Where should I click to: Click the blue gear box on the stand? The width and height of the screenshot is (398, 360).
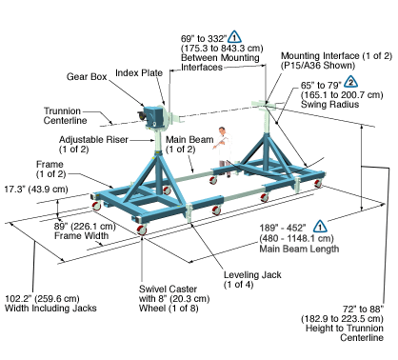[152, 116]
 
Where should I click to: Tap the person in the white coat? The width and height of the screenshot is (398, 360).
[224, 151]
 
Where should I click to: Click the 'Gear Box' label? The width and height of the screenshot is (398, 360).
[87, 77]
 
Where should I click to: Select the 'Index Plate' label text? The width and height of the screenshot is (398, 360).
[139, 73]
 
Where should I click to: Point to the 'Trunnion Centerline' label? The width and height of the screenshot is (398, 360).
[65, 116]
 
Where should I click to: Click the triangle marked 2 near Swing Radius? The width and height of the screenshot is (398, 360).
[350, 82]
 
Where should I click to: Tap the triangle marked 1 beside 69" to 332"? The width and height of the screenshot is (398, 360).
[234, 37]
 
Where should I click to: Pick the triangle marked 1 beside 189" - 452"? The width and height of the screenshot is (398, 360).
[320, 226]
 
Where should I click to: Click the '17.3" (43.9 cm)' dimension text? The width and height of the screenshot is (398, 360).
[36, 190]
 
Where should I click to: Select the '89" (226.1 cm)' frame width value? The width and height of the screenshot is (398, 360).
[85, 227]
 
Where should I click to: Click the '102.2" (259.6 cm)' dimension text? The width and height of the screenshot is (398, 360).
[42, 299]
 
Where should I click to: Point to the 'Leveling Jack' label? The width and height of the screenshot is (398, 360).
[252, 275]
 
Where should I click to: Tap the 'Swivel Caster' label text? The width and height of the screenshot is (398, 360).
[168, 290]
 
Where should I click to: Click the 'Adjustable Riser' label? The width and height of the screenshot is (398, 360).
[93, 140]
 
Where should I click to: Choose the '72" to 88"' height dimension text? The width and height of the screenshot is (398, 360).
[363, 309]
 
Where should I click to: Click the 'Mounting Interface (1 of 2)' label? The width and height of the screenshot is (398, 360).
[337, 56]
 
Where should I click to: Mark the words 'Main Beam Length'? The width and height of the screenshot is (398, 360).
[299, 249]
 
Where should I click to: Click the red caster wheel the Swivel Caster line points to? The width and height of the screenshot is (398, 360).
[142, 230]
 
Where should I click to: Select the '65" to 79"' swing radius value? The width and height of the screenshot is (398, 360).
[321, 86]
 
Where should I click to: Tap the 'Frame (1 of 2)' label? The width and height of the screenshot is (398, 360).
[50, 170]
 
